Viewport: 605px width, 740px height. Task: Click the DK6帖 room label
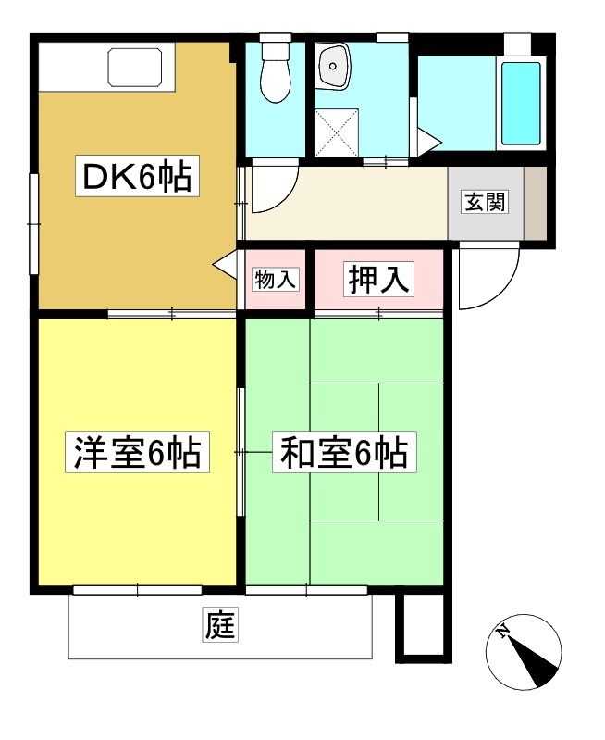click(x=137, y=176)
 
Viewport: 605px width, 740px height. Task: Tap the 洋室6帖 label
click(x=137, y=452)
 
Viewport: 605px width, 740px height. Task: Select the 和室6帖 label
click(x=344, y=452)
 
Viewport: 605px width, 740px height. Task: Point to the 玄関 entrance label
click(x=486, y=202)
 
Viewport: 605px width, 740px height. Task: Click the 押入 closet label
click(x=378, y=279)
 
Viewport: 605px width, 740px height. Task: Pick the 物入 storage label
click(x=276, y=280)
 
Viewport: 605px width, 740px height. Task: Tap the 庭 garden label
click(x=220, y=625)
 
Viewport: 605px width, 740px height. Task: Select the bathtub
click(x=521, y=103)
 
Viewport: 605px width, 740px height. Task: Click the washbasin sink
click(x=334, y=66)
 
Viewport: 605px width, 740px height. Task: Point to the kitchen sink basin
click(x=135, y=67)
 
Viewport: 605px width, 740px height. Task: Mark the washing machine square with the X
click(x=337, y=132)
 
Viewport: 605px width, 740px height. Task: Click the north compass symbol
click(x=524, y=652)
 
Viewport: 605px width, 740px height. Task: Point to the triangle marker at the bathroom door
click(x=429, y=141)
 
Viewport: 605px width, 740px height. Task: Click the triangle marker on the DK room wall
click(x=225, y=265)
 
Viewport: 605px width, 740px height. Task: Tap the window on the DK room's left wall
click(x=33, y=224)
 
